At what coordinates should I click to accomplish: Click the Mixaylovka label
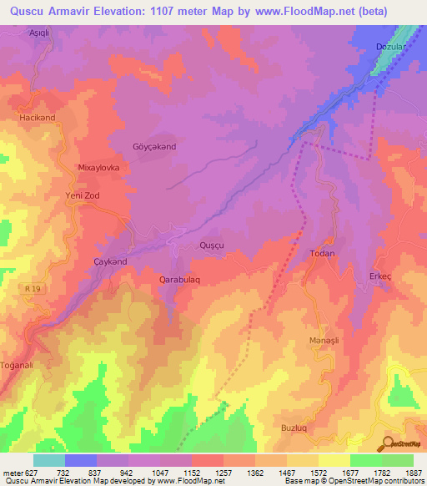99,167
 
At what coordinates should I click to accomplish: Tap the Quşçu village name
213,245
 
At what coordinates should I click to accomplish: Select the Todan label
322,253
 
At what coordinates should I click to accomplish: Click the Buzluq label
294,427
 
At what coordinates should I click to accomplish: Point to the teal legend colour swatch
49,460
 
